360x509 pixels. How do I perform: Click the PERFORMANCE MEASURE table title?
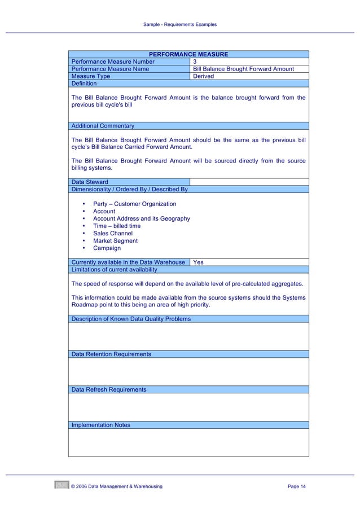(x=188, y=54)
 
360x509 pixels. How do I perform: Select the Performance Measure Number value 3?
(x=195, y=62)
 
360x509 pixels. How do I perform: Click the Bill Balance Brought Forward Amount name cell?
(x=243, y=69)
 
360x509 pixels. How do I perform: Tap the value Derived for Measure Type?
(x=203, y=76)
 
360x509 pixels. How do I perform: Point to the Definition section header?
(x=84, y=84)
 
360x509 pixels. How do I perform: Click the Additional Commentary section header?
(x=103, y=126)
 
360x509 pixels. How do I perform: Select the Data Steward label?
(x=90, y=182)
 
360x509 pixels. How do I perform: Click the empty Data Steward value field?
(x=249, y=182)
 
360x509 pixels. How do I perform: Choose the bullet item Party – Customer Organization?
(x=134, y=204)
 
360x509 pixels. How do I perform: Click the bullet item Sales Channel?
(x=112, y=233)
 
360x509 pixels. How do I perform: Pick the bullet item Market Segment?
(x=115, y=240)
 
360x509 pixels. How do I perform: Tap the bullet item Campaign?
(x=107, y=248)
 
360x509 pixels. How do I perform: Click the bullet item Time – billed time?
(x=117, y=226)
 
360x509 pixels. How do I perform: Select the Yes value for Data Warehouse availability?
(x=198, y=262)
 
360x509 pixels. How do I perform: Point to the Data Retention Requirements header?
(x=111, y=354)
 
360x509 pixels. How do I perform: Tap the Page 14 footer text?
(x=296, y=486)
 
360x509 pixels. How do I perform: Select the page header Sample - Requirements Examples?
(x=180, y=24)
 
